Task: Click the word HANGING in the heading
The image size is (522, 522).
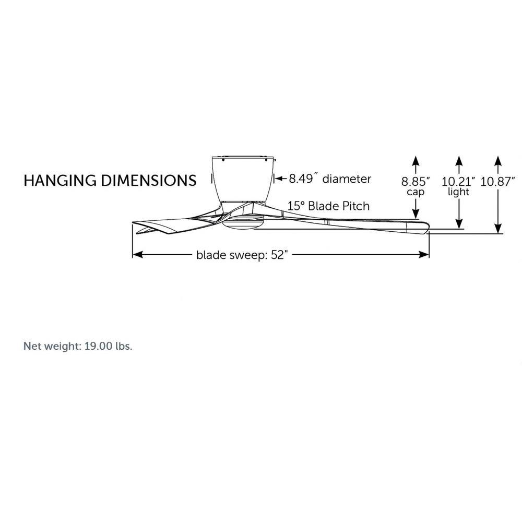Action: click(x=60, y=181)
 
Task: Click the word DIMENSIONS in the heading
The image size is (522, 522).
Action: click(x=148, y=181)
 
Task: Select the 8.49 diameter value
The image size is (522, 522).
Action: click(x=301, y=179)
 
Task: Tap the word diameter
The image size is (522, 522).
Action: click(x=347, y=179)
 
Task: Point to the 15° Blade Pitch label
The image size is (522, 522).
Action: click(x=328, y=206)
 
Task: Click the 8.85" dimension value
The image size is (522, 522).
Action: click(x=416, y=182)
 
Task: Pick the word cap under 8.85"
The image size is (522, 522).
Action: click(x=416, y=192)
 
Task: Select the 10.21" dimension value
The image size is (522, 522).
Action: click(x=458, y=182)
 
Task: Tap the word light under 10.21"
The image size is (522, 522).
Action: click(x=458, y=192)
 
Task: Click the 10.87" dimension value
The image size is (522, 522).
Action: click(x=497, y=182)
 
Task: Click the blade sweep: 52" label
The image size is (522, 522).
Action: click(x=242, y=255)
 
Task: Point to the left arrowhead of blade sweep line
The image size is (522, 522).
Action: click(x=138, y=255)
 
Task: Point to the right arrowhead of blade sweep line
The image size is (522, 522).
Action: click(x=424, y=255)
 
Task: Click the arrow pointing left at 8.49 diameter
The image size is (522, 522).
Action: click(x=281, y=179)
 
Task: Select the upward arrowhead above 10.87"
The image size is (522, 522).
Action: click(x=497, y=161)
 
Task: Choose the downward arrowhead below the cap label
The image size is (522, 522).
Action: click(x=416, y=213)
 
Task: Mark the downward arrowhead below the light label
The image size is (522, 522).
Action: click(x=459, y=224)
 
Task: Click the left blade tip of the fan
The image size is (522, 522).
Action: click(x=134, y=223)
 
